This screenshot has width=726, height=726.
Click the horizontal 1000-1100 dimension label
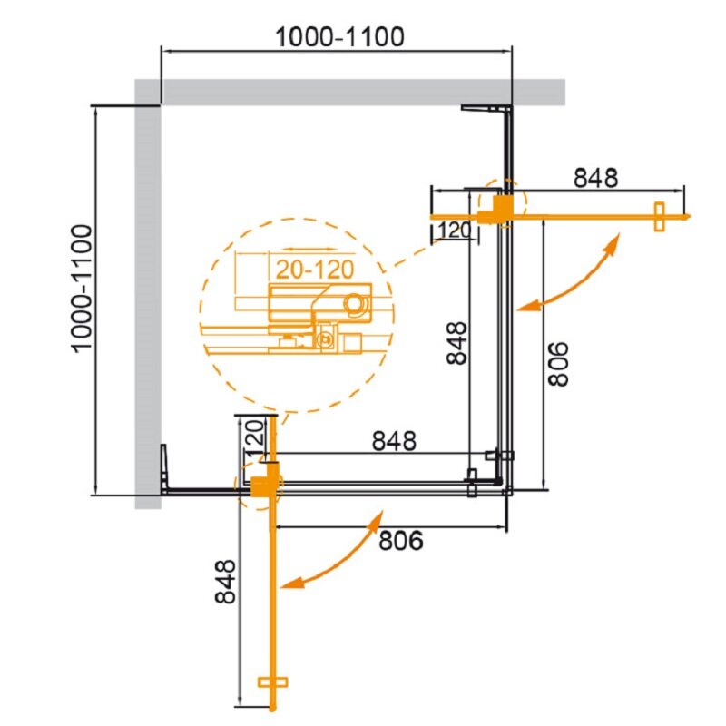click(x=339, y=37)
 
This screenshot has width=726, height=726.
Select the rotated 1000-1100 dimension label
click(x=83, y=289)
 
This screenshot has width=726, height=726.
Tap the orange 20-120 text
click(x=315, y=270)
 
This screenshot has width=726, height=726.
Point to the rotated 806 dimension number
click(x=558, y=364)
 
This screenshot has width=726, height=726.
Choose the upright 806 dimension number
click(x=401, y=540)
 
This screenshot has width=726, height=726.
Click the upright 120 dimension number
click(x=455, y=231)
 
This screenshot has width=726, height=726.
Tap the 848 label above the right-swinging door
click(x=595, y=178)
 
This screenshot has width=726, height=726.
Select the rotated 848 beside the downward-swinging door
click(x=225, y=582)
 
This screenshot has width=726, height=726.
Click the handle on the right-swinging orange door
click(x=659, y=217)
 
